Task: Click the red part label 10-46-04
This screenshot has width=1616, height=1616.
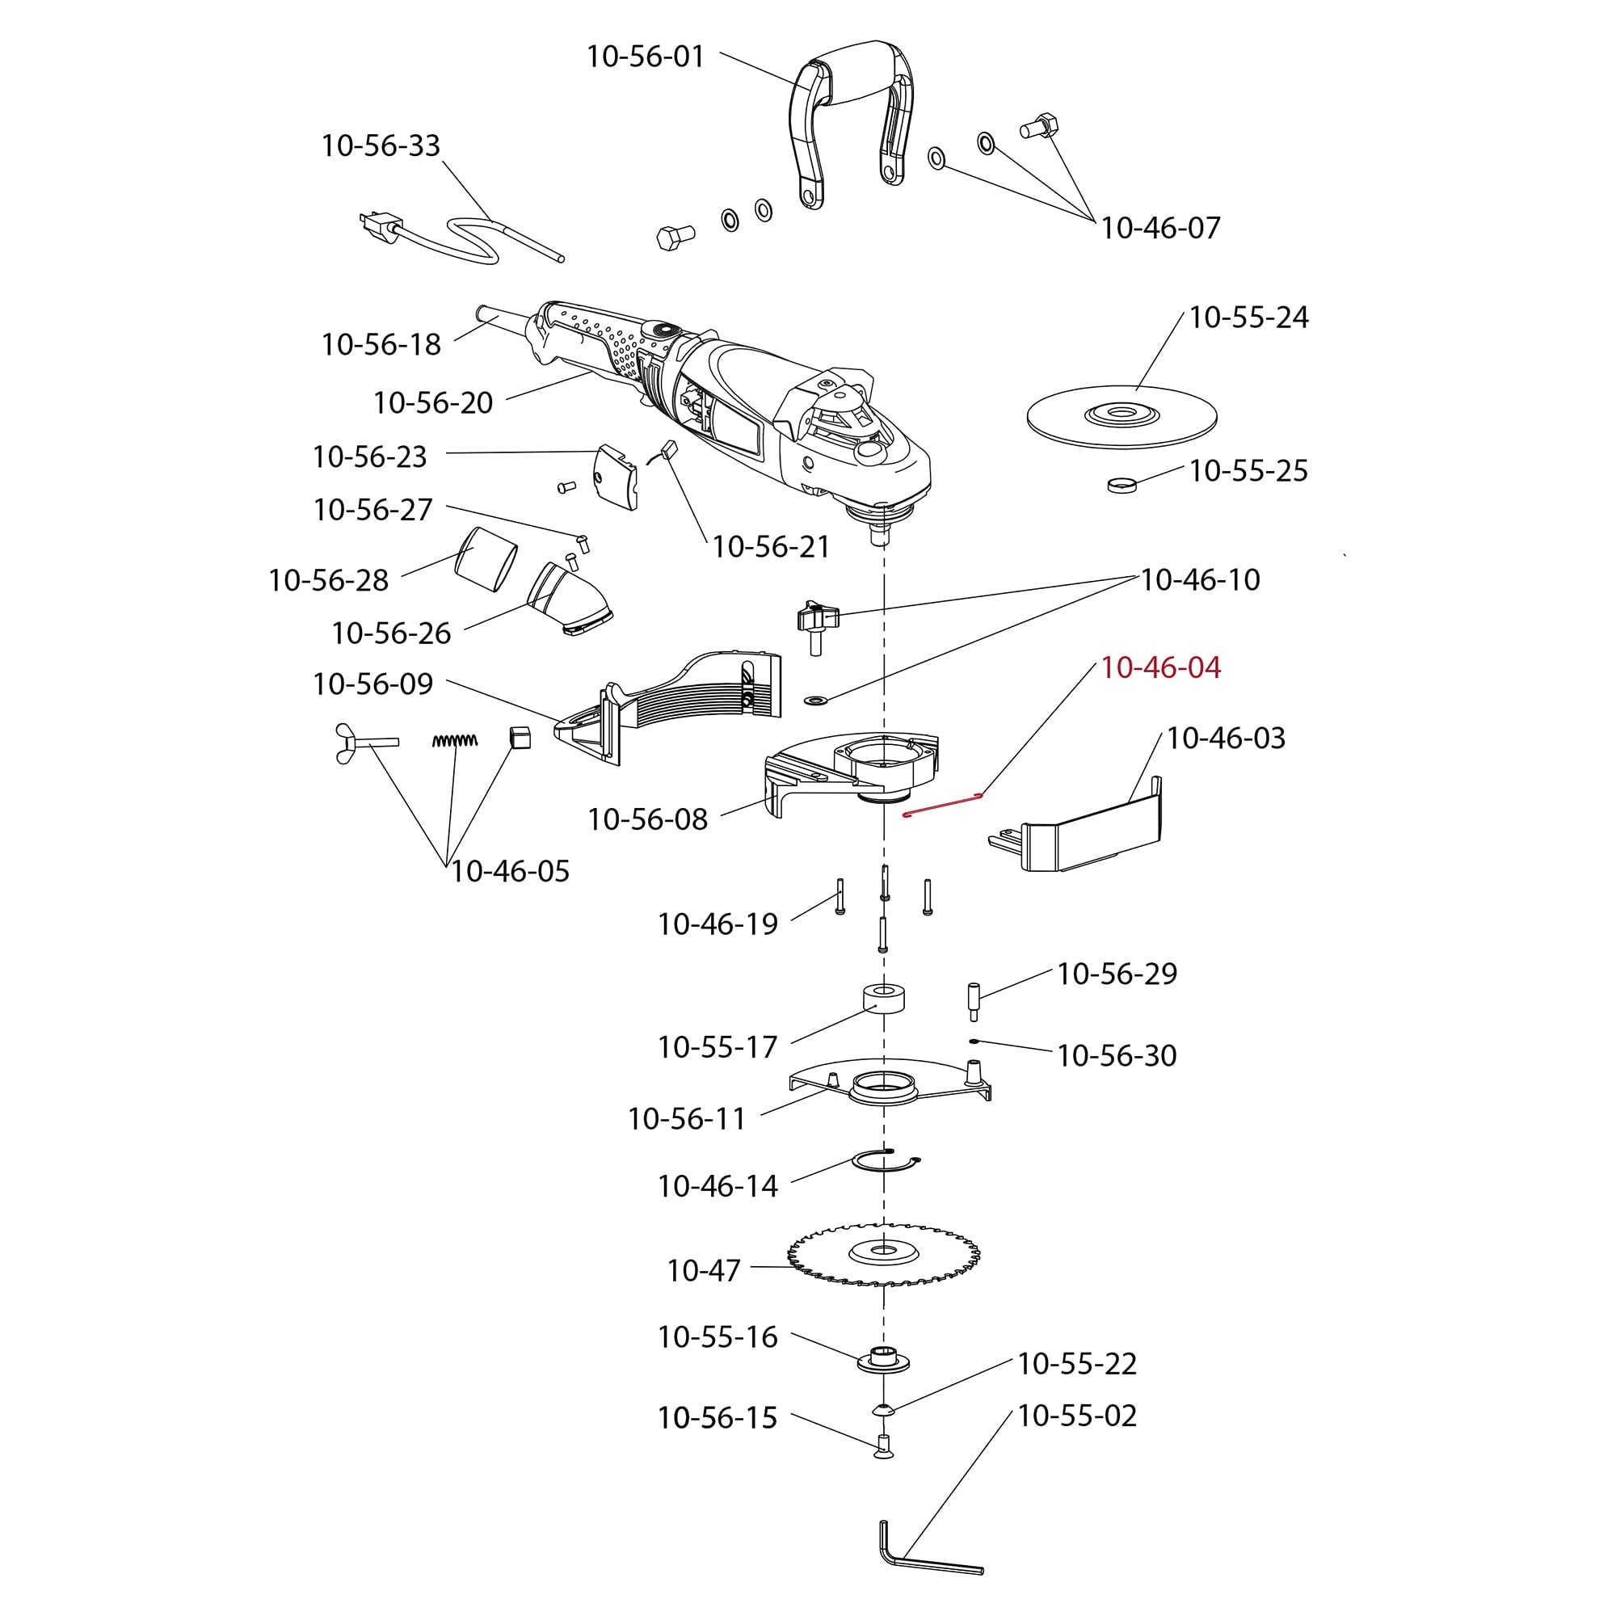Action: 1160,667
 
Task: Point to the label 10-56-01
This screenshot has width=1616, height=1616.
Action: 645,57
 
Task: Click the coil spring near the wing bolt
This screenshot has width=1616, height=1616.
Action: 455,740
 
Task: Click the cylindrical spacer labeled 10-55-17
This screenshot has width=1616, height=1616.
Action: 884,999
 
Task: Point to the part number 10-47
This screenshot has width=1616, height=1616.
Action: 704,1270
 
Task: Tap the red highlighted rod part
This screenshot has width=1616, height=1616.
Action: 943,805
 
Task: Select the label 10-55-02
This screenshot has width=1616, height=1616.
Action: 1076,1416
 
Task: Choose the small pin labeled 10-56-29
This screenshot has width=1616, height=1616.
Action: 974,1000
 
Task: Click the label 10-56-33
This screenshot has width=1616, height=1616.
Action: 381,145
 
